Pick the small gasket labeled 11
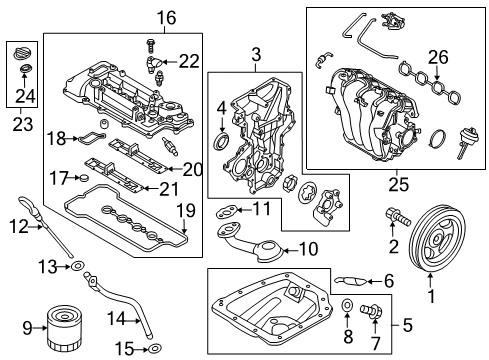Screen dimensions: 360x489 (x=226, y=210)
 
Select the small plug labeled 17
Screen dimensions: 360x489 (x=85, y=178)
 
